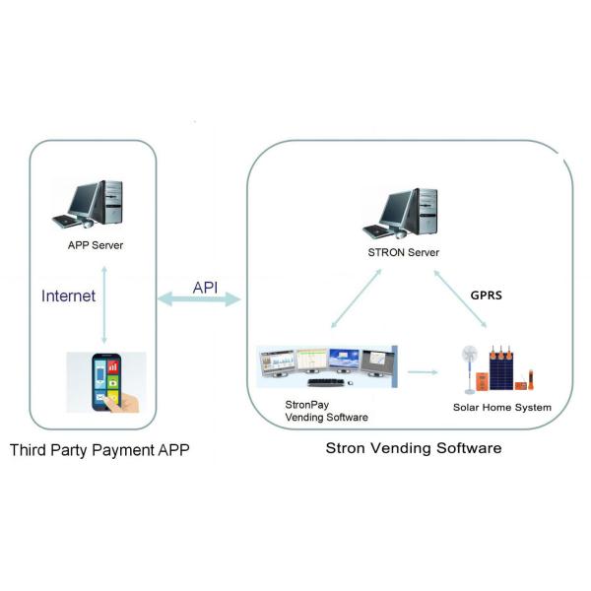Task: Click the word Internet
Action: pyautogui.click(x=69, y=295)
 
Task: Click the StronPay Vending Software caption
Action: pyautogui.click(x=326, y=411)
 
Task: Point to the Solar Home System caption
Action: pyautogui.click(x=502, y=407)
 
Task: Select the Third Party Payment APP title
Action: pyautogui.click(x=99, y=451)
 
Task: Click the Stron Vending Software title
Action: pyautogui.click(x=414, y=448)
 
